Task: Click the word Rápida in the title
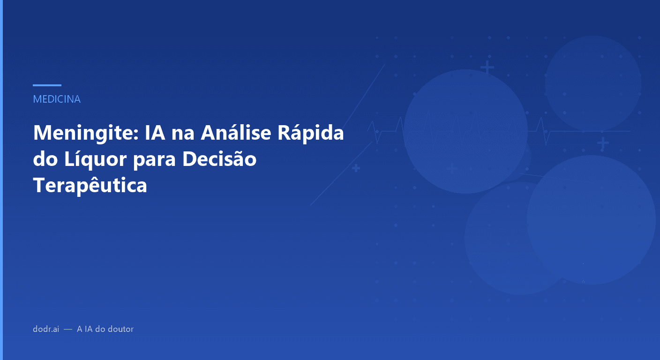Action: point(310,134)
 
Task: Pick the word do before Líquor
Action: point(45,159)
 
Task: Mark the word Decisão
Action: point(219,159)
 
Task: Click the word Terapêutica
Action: point(90,186)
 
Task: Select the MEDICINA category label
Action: point(57,99)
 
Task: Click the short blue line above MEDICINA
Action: point(47,85)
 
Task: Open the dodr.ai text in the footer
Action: point(46,329)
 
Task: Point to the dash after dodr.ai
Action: point(68,329)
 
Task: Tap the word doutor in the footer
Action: point(121,329)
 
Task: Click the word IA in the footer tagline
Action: point(88,329)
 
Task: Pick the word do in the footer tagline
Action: point(100,329)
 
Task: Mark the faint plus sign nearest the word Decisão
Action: point(356,168)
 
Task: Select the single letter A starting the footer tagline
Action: point(80,329)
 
